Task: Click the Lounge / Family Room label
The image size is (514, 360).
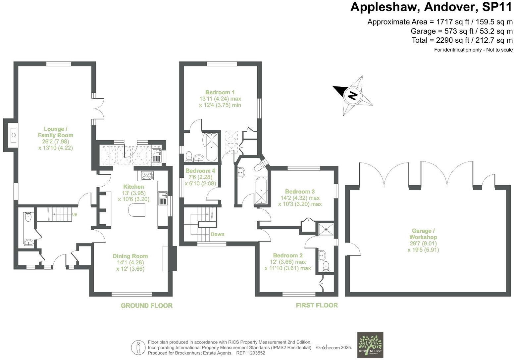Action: click(x=55, y=132)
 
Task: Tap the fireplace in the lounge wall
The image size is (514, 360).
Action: click(x=13, y=135)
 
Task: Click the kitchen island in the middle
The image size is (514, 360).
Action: click(x=138, y=210)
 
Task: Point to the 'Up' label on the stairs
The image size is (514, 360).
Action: click(x=75, y=214)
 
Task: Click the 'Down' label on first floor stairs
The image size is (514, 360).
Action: click(x=217, y=234)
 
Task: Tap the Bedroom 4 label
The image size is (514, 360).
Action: click(x=200, y=171)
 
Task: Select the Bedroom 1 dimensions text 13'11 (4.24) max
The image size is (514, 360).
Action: click(x=220, y=99)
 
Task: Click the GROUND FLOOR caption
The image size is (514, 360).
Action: click(x=146, y=305)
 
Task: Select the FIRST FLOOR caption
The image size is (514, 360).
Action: click(x=317, y=305)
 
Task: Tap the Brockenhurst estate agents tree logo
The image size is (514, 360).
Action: click(x=371, y=345)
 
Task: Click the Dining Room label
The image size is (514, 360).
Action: click(x=130, y=256)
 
